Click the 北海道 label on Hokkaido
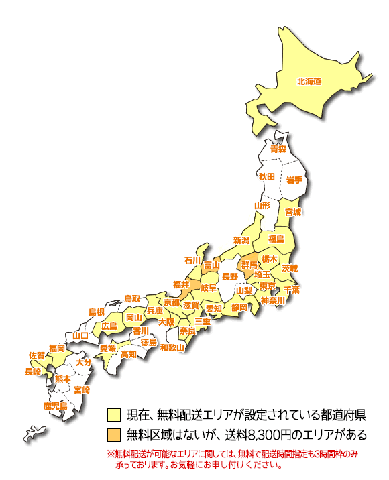309,82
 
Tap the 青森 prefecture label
278,149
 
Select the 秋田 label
267,176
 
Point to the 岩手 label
294,180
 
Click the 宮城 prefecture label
293,212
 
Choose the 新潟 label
241,240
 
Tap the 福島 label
276,239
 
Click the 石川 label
192,260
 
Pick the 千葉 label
292,290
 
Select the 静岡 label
239,307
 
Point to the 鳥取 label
132,298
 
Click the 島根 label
97,312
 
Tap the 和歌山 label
172,347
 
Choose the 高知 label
129,353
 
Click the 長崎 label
33,371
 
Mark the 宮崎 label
82,389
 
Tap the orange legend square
113,434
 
